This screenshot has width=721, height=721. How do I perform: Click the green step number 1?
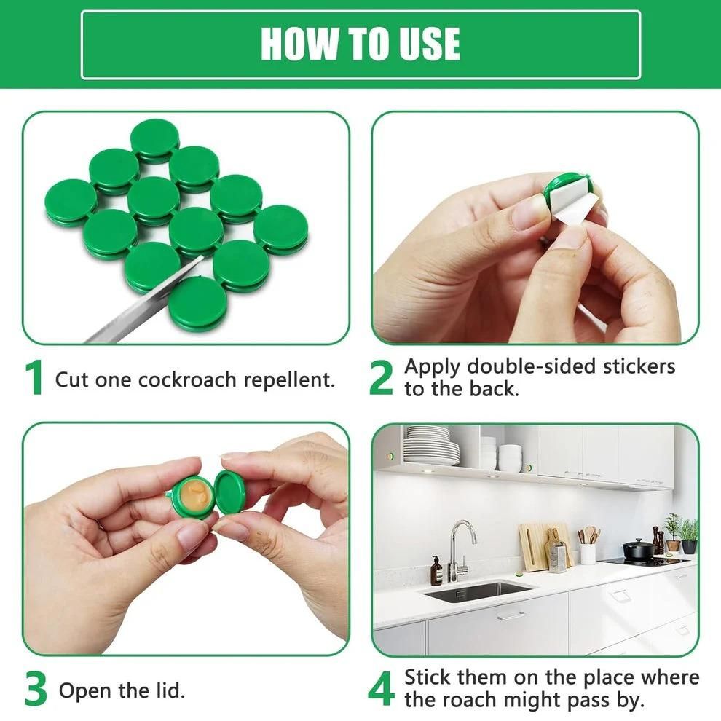(x=34, y=378)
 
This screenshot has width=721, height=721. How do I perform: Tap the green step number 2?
(x=381, y=378)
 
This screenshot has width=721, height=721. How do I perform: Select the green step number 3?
(x=35, y=689)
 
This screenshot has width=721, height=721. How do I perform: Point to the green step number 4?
(x=381, y=689)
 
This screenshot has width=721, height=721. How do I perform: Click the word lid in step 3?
(x=169, y=690)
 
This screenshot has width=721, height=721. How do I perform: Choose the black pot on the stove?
(x=638, y=550)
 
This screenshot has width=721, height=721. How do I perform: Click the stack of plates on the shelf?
(x=432, y=446)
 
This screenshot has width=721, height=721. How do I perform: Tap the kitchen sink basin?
(x=477, y=591)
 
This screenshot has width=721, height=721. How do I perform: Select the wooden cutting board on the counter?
(x=537, y=545)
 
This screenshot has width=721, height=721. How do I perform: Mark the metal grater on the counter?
(x=559, y=558)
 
